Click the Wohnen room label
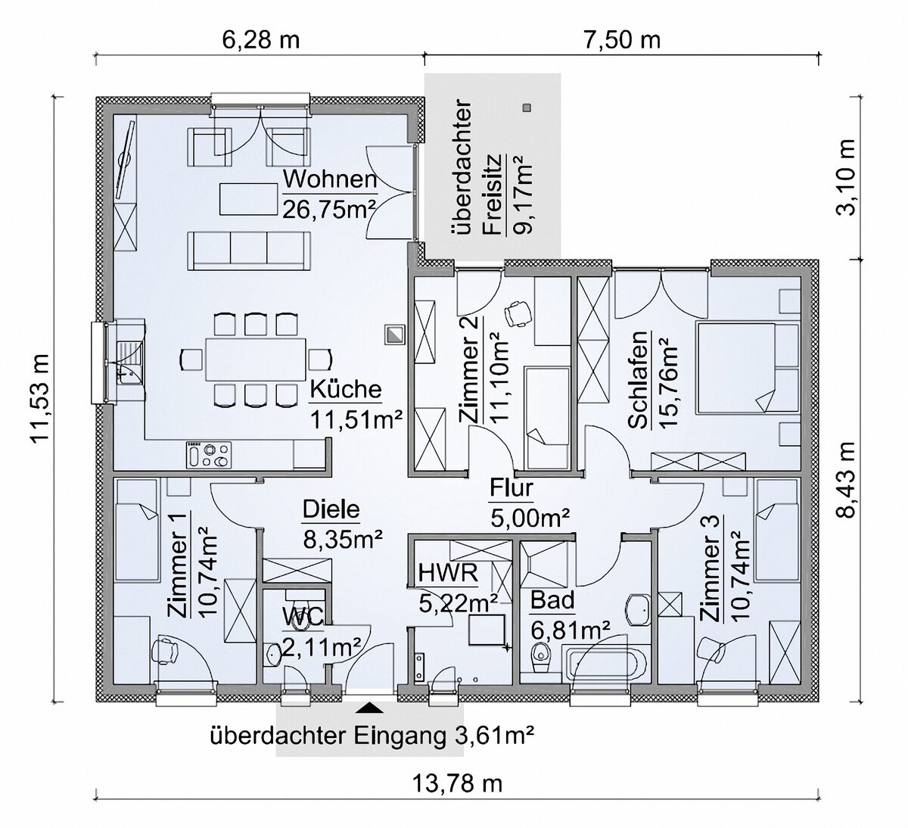click(x=330, y=180)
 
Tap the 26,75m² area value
click(x=330, y=208)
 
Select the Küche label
click(x=345, y=390)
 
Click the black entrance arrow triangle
click(x=369, y=708)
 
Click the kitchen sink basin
click(x=129, y=355)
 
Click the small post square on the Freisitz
click(x=527, y=107)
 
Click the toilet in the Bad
click(x=540, y=655)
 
